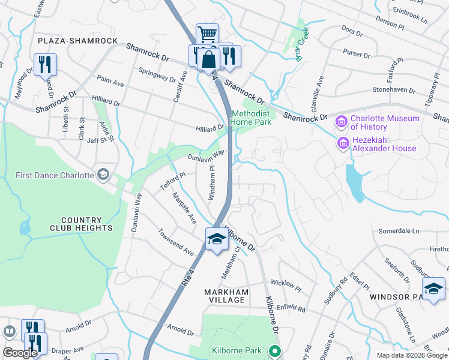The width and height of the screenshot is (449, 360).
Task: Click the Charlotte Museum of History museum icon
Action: point(342,123)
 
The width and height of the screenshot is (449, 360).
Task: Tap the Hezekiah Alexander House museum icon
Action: point(343,143)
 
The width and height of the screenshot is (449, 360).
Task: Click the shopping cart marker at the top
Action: point(206,34)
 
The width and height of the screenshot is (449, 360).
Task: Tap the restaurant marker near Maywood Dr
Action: point(45,64)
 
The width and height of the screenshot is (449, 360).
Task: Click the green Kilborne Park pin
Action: point(275,350)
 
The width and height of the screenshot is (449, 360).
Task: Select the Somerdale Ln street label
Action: point(398,230)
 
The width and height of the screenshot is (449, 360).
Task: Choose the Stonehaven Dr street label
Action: point(394,90)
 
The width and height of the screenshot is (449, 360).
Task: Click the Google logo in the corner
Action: point(19,353)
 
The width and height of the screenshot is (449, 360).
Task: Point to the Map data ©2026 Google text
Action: point(412,355)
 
